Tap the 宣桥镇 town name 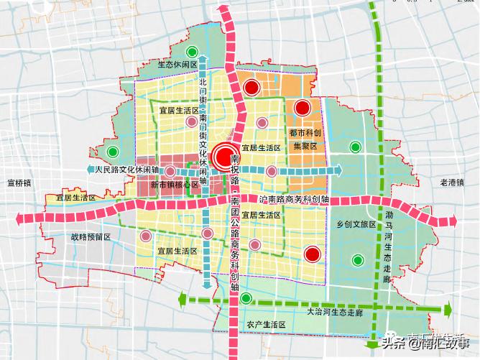[18, 183]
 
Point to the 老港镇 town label [454, 183]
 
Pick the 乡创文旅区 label [356, 224]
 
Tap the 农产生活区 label [266, 325]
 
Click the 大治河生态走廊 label [335, 313]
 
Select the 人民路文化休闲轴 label [126, 170]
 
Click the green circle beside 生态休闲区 [191, 52]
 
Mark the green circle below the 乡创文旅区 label [356, 260]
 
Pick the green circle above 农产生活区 [246, 298]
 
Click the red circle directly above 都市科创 [303, 109]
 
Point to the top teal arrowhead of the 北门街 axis [205, 60]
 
